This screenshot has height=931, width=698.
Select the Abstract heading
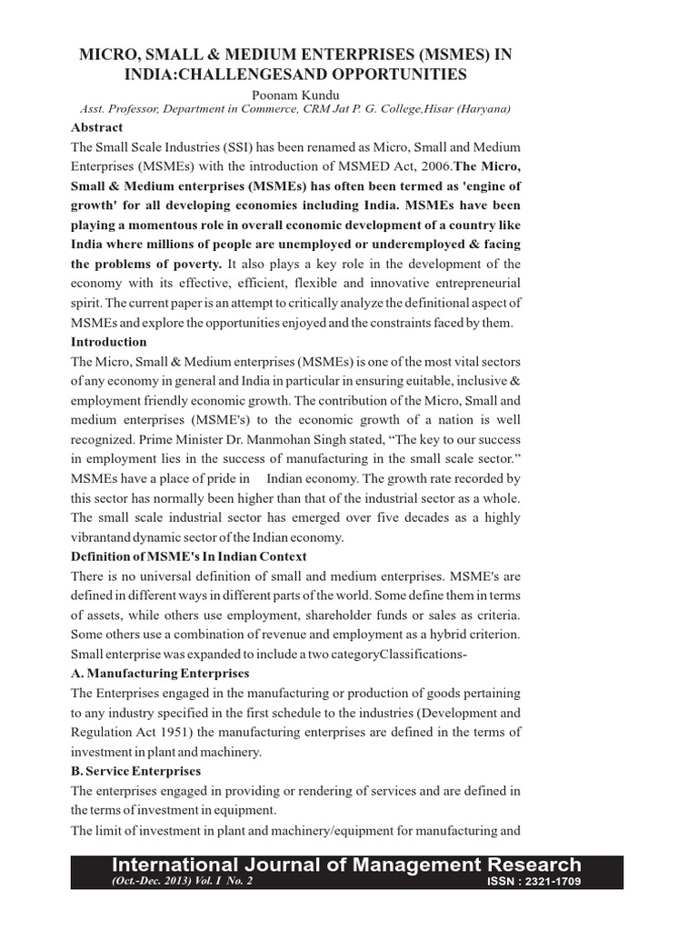tap(97, 127)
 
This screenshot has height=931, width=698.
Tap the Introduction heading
tap(108, 342)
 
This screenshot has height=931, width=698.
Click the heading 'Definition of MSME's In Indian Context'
tap(189, 556)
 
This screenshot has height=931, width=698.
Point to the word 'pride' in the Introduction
tap(220, 478)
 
